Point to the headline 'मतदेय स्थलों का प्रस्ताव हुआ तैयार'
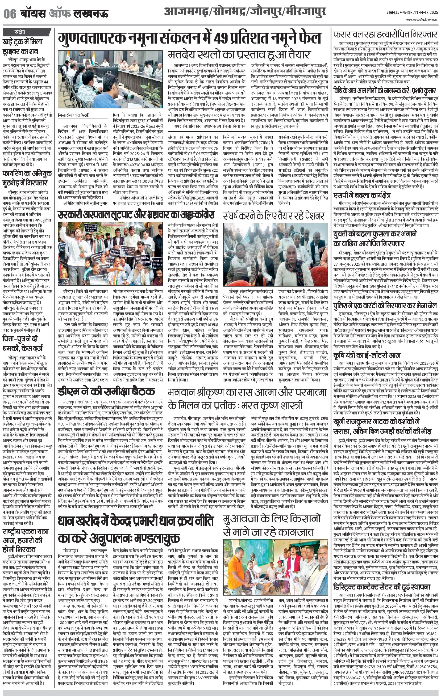239,54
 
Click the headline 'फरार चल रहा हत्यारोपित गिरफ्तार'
385,35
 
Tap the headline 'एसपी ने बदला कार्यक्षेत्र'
362,195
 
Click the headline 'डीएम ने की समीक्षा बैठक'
106,391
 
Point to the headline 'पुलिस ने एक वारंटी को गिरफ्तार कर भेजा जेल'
385,306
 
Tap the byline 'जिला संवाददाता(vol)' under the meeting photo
74,115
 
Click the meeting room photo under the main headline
110,79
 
